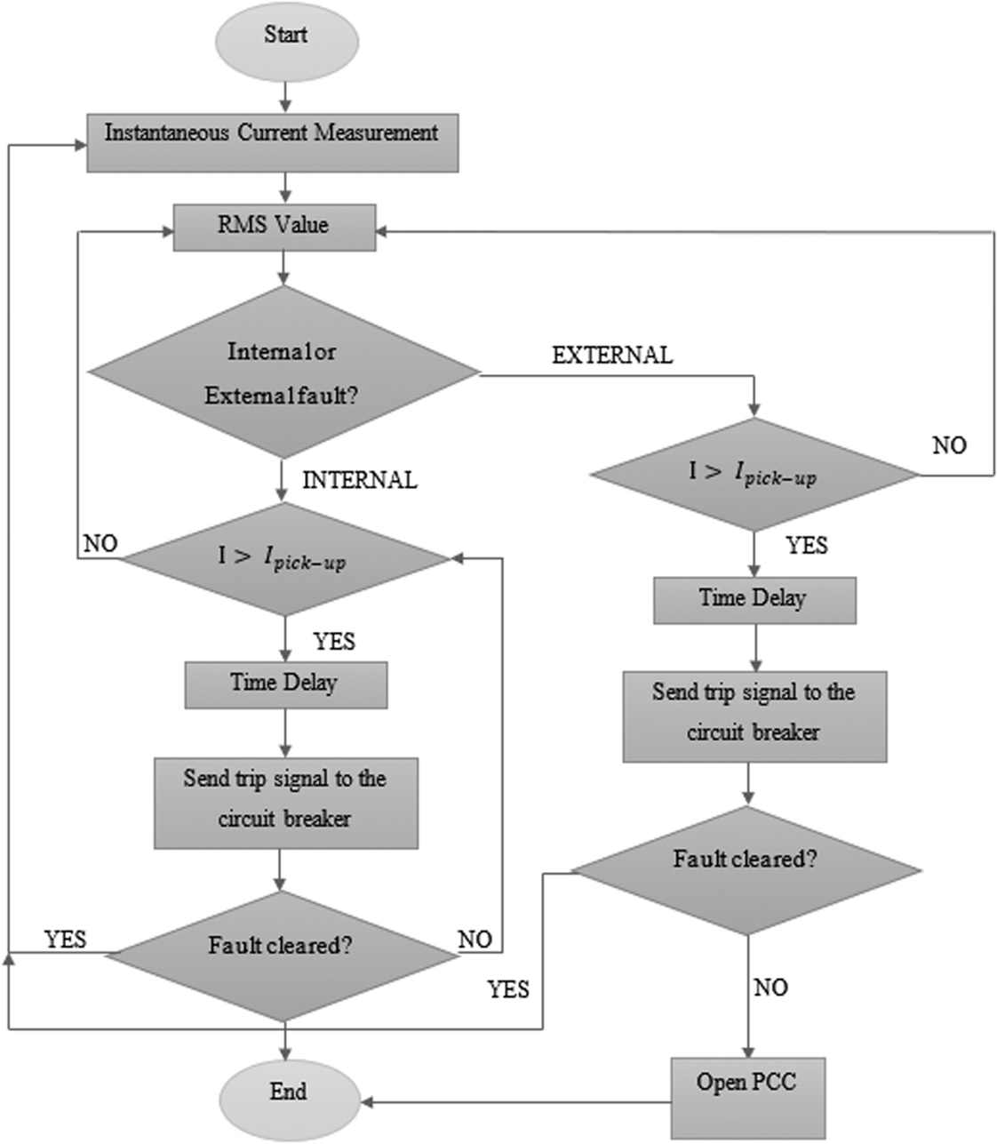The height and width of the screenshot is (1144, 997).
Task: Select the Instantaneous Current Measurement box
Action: [272, 142]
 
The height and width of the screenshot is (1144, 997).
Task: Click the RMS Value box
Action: [274, 227]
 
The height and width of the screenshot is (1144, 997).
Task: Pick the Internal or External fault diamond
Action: [283, 372]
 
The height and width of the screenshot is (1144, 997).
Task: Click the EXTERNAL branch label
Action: [612, 356]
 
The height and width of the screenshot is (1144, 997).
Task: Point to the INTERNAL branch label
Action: [359, 481]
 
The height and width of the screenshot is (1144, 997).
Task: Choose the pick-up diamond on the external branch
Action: [754, 474]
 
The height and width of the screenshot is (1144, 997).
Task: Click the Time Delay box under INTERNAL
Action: [285, 685]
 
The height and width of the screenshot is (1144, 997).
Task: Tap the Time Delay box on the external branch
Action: [754, 600]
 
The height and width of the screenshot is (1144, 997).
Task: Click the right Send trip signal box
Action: [754, 716]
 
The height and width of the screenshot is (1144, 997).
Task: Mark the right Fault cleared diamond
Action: [746, 870]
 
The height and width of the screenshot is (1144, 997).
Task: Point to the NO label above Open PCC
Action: [770, 988]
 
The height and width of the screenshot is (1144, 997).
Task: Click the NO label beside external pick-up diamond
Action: [949, 445]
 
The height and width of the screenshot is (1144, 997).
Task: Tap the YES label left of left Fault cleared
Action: [65, 939]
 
